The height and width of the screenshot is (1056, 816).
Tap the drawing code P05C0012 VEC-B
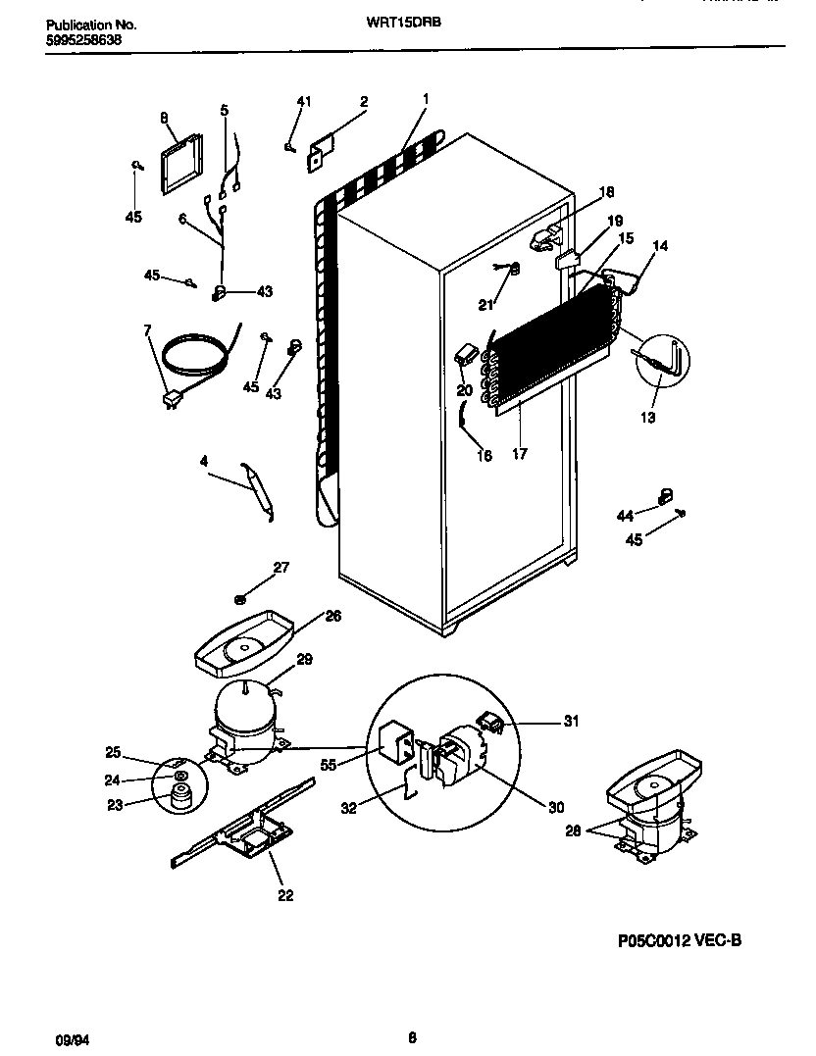(680, 940)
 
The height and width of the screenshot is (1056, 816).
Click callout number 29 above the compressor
(304, 660)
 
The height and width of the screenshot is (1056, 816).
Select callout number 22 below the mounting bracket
(284, 894)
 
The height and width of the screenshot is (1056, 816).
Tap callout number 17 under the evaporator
(520, 454)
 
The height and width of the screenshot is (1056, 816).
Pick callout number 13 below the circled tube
(648, 417)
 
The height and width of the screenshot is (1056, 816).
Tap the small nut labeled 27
(240, 598)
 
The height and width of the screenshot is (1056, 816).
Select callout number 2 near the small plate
(363, 102)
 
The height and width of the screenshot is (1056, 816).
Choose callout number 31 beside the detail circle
(571, 722)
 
